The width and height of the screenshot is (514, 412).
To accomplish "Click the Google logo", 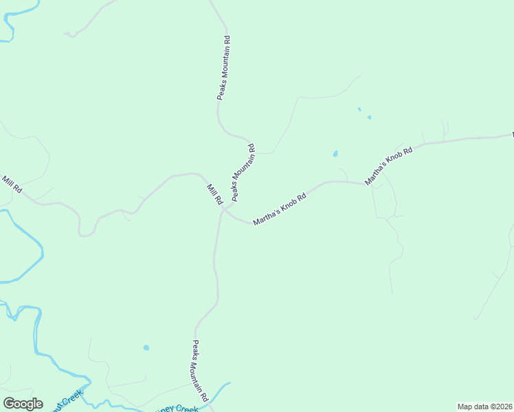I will pos(23,404).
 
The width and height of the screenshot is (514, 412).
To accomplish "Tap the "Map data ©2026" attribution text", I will pos(484,406).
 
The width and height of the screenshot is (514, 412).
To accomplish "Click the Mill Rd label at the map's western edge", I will pos(12,184).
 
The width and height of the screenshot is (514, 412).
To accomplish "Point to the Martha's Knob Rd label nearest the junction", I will pos(279,209).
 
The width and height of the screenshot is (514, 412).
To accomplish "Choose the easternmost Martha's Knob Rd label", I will pos(388,165).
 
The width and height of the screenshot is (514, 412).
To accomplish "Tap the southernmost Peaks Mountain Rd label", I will pos(200,371).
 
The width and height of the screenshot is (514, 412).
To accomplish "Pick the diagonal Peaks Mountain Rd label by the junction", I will pos(243,172).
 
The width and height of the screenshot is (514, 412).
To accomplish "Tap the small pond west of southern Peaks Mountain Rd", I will pos(146,347).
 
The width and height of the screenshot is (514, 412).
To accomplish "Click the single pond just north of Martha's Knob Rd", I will pos(335,154).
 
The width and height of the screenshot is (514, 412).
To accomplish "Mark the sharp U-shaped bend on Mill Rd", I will pos(86,233).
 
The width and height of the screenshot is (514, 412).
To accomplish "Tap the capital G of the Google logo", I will pos(9,403).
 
